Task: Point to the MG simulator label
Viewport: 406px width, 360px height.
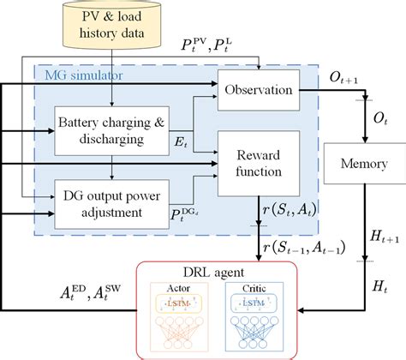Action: point(84,78)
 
